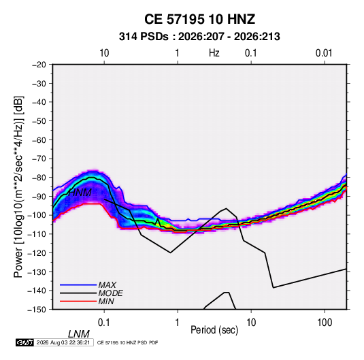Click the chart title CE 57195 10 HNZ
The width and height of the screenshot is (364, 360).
pyautogui.click(x=199, y=19)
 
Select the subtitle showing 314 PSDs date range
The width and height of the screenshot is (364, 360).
pyautogui.click(x=199, y=37)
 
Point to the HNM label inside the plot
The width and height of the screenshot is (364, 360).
pyautogui.click(x=80, y=193)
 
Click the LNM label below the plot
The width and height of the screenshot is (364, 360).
pyautogui.click(x=79, y=334)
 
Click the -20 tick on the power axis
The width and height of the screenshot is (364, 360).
pyautogui.click(x=39, y=65)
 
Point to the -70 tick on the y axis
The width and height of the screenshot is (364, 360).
pyautogui.click(x=39, y=159)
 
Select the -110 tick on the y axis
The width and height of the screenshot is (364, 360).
pyautogui.click(x=37, y=234)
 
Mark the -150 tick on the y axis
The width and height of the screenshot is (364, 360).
pyautogui.click(x=37, y=310)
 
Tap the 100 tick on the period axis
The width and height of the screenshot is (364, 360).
pyautogui.click(x=325, y=323)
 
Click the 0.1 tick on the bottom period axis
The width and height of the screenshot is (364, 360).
pyautogui.click(x=103, y=323)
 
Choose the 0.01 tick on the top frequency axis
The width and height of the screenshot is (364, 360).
pyautogui.click(x=324, y=53)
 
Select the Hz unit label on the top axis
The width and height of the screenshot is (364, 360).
pyautogui.click(x=214, y=53)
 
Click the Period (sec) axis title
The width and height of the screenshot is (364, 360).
pyautogui.click(x=214, y=330)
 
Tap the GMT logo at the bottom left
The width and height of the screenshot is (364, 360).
pyautogui.click(x=25, y=342)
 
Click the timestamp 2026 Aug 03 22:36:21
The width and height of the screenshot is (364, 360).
pyautogui.click(x=63, y=342)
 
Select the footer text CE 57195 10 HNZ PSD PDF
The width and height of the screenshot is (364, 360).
pyautogui.click(x=128, y=342)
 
